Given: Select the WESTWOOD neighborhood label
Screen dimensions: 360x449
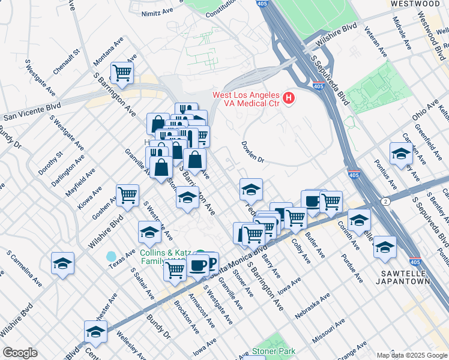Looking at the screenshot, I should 415,4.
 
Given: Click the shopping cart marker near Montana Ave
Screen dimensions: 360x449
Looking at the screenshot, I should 122,73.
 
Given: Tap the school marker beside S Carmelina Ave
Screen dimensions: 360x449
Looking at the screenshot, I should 62,264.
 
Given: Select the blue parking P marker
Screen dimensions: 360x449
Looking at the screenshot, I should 209,260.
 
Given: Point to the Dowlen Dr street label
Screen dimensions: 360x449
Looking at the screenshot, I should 253,152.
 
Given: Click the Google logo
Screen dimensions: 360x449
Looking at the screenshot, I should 20,353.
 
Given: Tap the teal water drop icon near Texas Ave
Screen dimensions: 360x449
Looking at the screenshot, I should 111,256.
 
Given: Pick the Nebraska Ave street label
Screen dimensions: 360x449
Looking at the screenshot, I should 312,307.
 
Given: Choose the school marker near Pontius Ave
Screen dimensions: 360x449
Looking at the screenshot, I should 400,153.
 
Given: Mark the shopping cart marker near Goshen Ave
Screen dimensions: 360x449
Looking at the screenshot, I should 127,194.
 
